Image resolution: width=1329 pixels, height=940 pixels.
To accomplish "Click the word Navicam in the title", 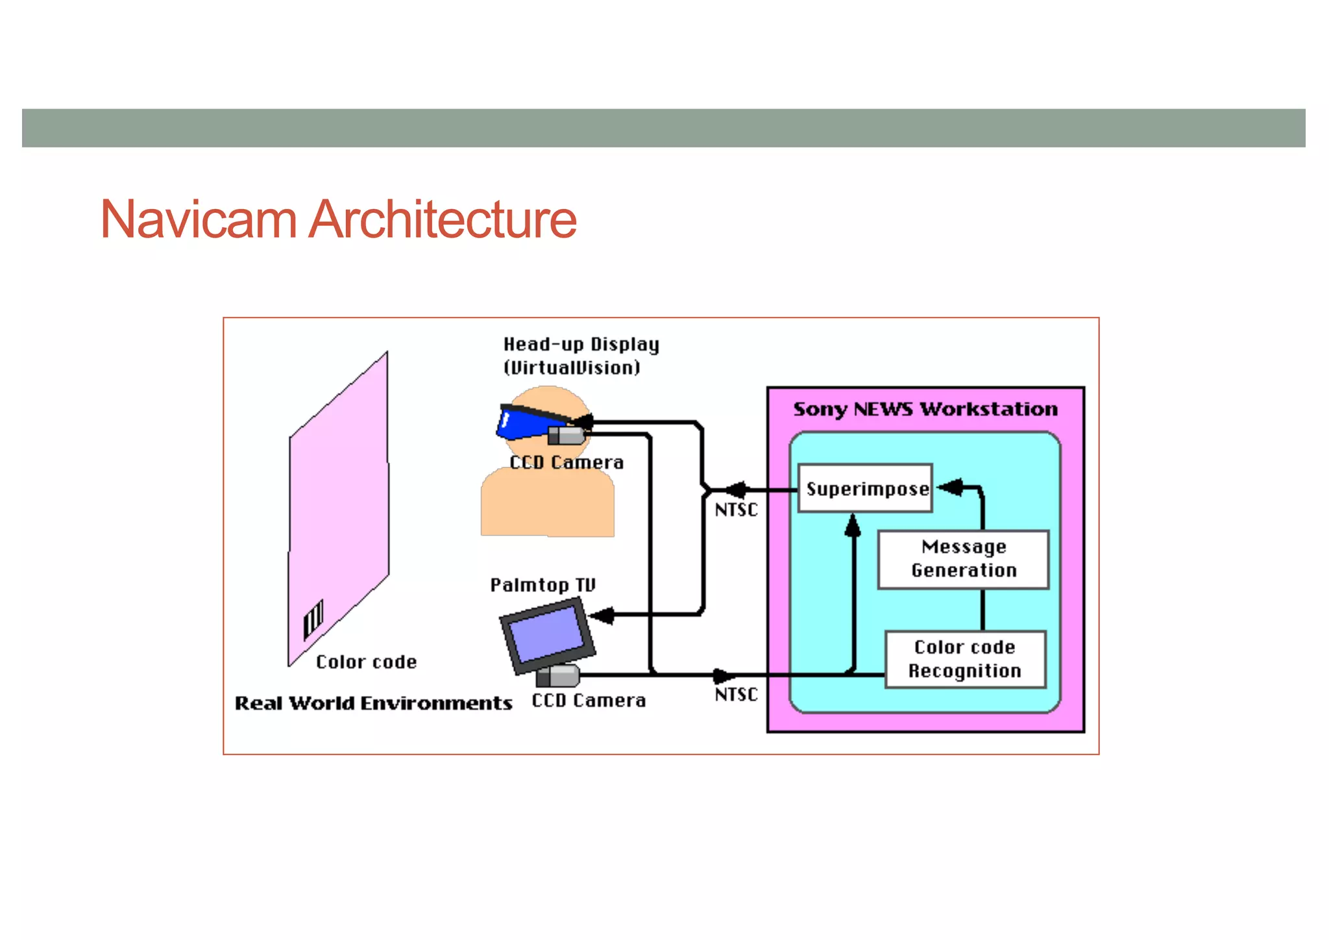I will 199,219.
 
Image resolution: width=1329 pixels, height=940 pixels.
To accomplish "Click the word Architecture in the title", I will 443,219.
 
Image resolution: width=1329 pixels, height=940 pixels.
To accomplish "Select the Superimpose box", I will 866,489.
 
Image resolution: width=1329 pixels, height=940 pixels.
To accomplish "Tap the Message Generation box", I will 964,559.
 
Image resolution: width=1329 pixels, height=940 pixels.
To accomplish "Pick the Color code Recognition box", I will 965,659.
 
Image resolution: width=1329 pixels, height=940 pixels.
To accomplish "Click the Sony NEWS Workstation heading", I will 925,410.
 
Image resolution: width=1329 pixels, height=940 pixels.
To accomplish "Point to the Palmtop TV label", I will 543,585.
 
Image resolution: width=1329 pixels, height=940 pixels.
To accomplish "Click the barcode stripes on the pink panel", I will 313,619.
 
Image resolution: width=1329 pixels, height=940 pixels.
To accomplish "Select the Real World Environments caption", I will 373,704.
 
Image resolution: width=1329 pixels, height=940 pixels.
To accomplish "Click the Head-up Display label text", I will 581,345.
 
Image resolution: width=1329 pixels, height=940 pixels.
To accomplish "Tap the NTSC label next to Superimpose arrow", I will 736,510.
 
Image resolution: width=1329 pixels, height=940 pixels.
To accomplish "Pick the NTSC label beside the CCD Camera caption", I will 736,695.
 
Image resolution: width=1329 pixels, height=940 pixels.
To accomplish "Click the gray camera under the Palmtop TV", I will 558,676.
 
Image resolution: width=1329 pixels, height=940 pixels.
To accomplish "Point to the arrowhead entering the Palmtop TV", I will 602,615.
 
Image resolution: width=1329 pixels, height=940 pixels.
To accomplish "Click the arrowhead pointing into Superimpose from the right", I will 951,487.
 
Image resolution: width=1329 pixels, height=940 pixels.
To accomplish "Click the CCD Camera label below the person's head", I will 567,463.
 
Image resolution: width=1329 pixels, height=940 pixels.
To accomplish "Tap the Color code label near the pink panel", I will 366,662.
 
